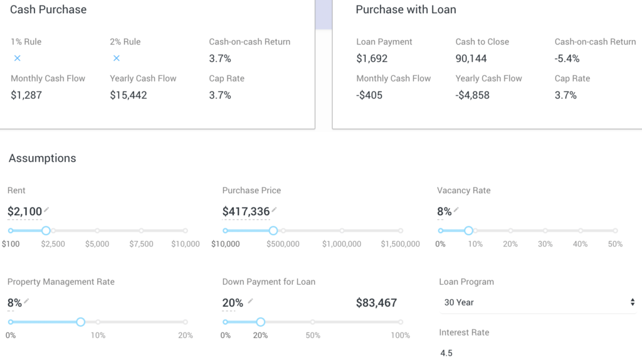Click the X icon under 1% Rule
(x=17, y=58)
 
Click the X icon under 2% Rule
(x=116, y=58)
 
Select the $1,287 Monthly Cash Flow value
(x=26, y=95)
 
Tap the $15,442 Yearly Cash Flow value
(x=129, y=95)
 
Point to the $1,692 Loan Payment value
(x=372, y=59)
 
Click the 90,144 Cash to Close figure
(x=471, y=59)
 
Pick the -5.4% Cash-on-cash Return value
(x=567, y=59)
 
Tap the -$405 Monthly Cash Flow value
(x=369, y=95)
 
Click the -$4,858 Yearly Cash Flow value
(x=472, y=95)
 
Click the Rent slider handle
(x=46, y=231)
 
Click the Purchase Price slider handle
(x=273, y=231)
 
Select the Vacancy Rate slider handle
(x=468, y=231)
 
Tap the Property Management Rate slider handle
(x=80, y=322)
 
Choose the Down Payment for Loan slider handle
(x=260, y=322)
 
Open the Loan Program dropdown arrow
(x=633, y=302)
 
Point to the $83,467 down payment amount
(x=376, y=303)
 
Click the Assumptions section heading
(x=43, y=159)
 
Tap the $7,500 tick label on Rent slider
(x=141, y=244)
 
